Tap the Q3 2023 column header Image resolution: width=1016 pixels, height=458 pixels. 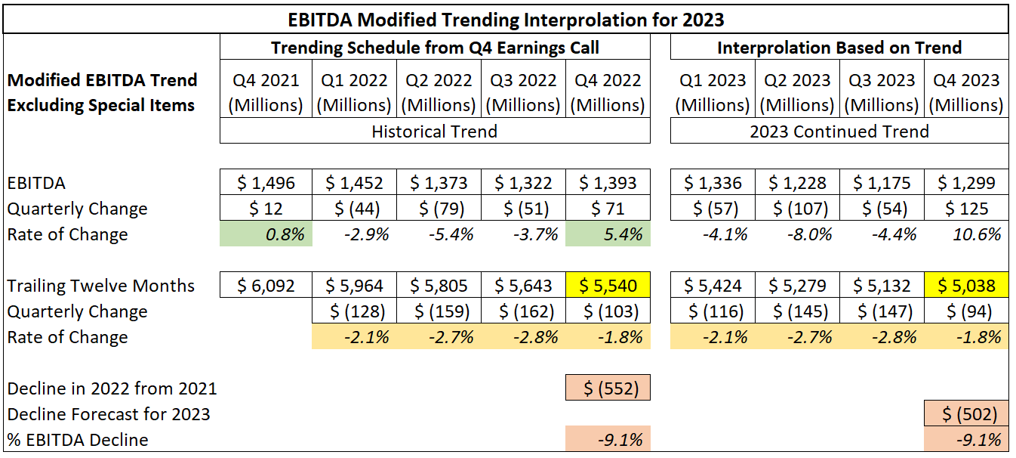881,92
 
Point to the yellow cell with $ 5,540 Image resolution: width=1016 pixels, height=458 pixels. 608,286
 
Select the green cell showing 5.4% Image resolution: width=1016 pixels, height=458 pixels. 608,234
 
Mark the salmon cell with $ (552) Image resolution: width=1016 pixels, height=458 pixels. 608,388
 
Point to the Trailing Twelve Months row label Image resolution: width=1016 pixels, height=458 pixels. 101,286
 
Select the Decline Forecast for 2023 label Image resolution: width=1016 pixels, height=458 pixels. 109,414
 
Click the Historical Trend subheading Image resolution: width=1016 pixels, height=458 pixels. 434,131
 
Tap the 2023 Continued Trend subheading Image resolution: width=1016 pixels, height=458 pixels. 839,131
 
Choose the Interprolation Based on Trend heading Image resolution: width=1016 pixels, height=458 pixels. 839,48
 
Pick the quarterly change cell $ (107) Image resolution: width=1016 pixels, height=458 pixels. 796,209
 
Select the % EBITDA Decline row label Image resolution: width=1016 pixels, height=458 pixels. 78,440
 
